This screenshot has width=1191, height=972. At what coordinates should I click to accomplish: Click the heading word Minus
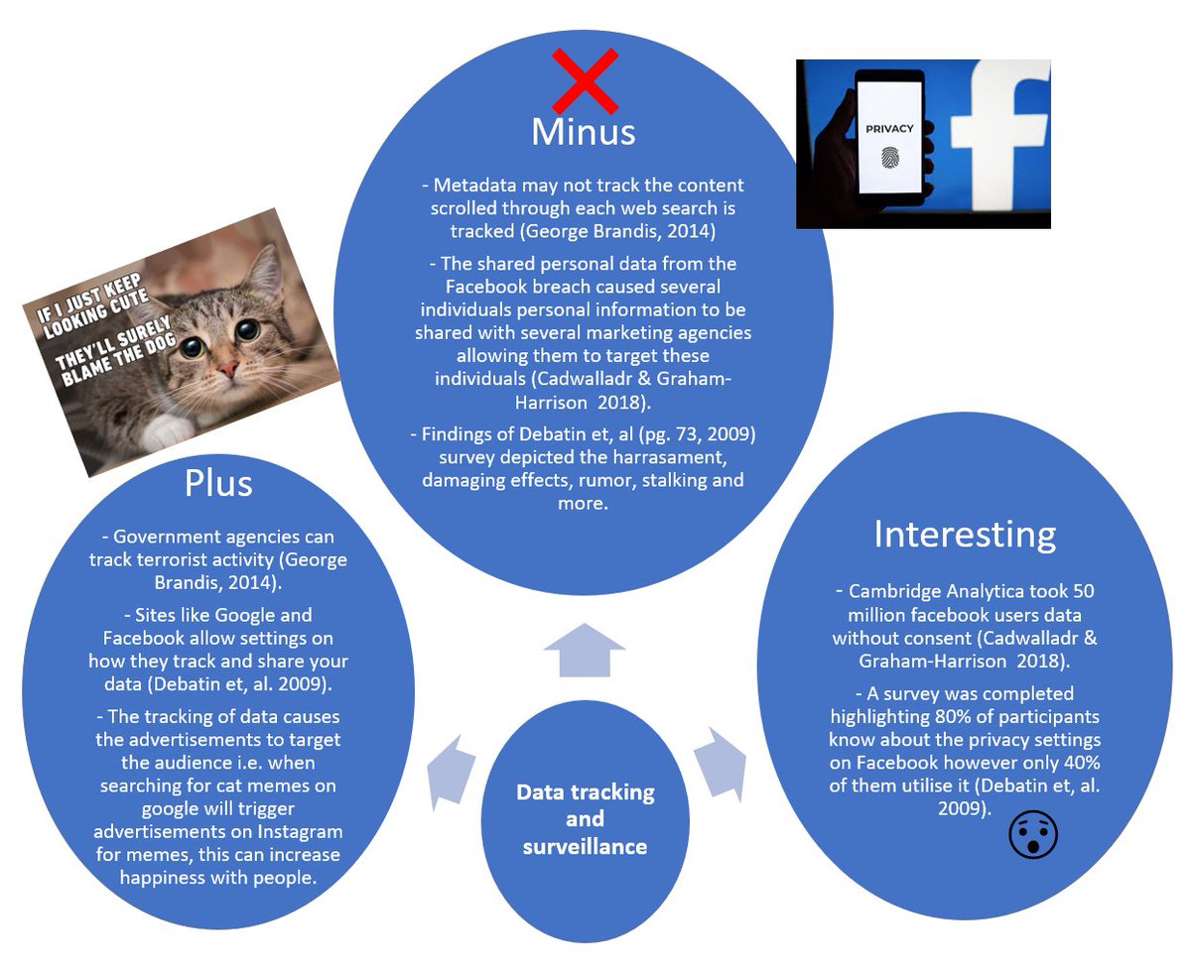(583, 132)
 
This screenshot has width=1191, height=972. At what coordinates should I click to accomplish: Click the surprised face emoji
(1033, 835)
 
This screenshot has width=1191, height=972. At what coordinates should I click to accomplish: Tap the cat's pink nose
(227, 369)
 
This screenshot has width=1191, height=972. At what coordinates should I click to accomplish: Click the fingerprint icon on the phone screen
(887, 159)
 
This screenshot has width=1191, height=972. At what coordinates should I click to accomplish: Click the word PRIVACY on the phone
(889, 129)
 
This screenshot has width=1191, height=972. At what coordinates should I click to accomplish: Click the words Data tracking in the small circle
(585, 792)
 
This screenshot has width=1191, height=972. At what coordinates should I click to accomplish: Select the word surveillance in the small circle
(585, 846)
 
